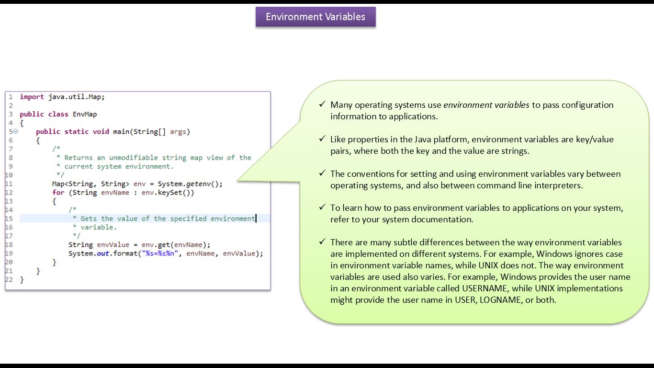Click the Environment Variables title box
point(316,17)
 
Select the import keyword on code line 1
point(32,97)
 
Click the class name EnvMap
point(85,114)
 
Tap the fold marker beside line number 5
point(15,131)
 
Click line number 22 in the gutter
point(9,279)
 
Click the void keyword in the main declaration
point(101,131)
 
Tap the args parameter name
point(178,131)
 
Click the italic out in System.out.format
point(103,253)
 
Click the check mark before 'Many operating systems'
point(322,104)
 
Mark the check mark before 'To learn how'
point(322,208)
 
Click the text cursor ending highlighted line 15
point(256,218)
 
